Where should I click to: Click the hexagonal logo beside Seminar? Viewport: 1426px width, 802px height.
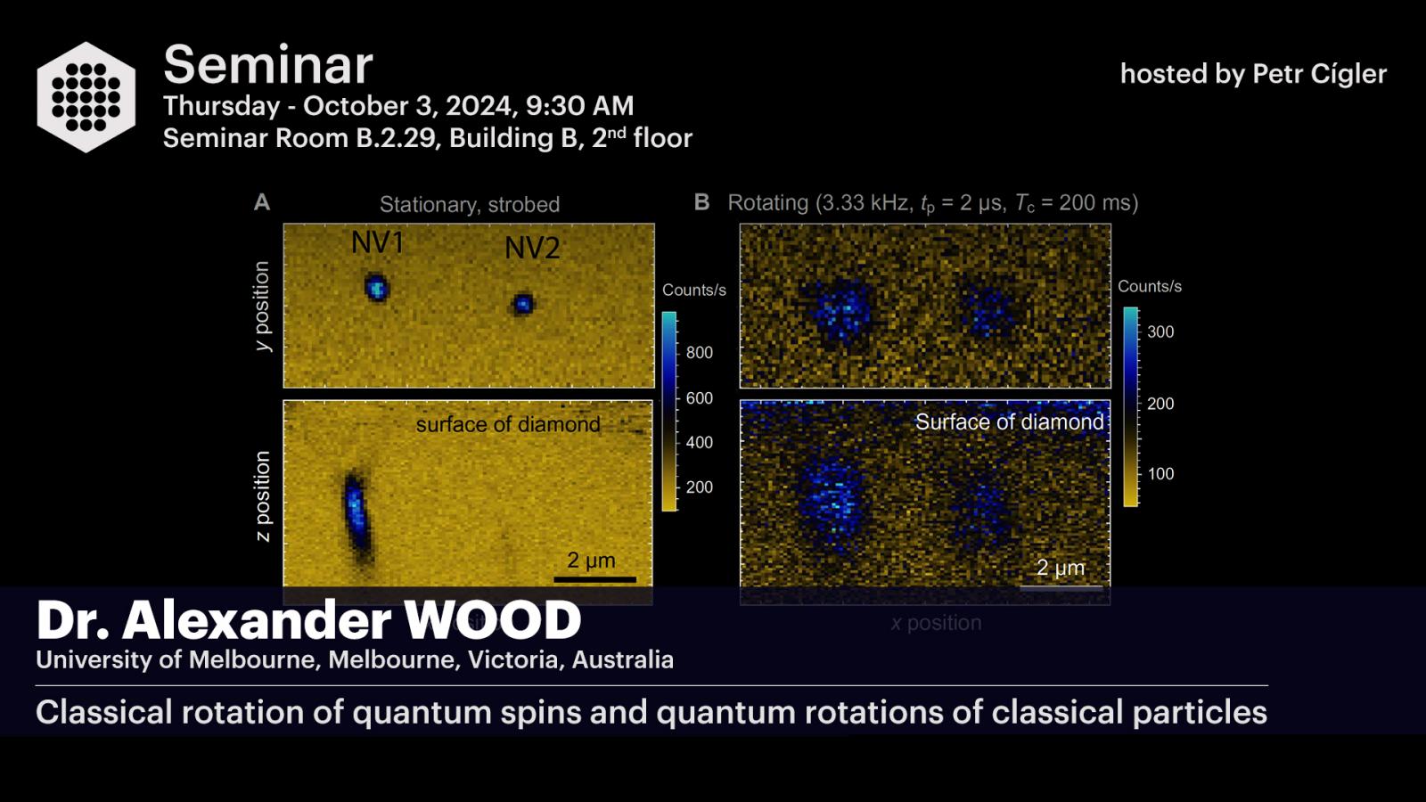(86, 97)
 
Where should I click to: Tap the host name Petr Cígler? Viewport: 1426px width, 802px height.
(1319, 75)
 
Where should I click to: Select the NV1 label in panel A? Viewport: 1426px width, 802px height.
(378, 242)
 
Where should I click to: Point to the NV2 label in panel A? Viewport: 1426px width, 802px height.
(532, 248)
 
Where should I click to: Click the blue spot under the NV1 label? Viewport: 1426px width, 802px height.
(376, 288)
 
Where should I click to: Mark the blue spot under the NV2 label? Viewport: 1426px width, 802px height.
(523, 304)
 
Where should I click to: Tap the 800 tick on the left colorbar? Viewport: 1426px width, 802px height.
(699, 353)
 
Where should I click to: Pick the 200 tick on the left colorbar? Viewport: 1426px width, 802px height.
(699, 487)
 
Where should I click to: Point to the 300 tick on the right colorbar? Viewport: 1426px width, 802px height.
(1160, 331)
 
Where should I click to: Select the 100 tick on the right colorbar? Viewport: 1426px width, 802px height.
(1160, 473)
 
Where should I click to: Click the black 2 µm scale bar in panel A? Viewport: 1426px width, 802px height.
(594, 579)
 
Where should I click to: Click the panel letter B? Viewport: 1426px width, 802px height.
(701, 202)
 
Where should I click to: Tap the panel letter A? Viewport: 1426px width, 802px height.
(262, 202)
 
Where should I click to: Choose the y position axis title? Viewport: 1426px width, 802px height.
(262, 307)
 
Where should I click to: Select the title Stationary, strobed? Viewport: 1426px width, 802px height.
(470, 204)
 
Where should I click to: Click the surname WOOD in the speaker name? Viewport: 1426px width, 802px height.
(493, 620)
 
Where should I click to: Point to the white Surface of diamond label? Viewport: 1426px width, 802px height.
(1010, 421)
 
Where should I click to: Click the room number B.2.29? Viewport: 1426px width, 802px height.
(396, 138)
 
